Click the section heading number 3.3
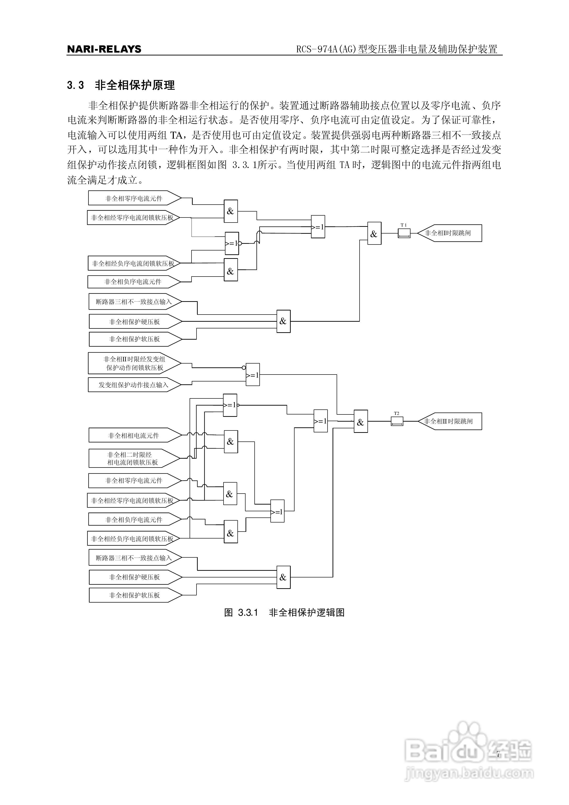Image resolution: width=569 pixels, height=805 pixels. (x=75, y=85)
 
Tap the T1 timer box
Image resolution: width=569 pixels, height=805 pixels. (x=404, y=233)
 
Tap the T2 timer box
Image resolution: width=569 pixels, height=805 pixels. (x=397, y=421)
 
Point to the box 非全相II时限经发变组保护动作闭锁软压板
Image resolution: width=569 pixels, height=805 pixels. (x=134, y=363)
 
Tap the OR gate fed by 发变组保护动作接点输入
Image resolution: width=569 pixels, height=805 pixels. (x=252, y=375)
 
